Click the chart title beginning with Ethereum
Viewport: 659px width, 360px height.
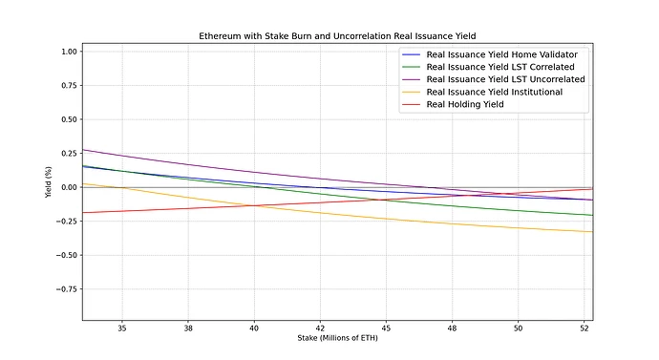338,35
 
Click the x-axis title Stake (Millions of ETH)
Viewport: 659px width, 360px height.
338,339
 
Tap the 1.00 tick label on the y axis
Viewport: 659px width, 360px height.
69,52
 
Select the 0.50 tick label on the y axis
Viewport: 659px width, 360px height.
69,119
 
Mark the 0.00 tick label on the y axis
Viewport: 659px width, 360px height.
69,187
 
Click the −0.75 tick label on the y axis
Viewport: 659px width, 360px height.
66,288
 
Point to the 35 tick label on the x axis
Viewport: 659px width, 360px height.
122,327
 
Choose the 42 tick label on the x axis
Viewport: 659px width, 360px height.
320,327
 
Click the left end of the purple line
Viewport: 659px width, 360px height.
83,150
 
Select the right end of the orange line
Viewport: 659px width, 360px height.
592,232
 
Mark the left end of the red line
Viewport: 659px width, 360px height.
83,213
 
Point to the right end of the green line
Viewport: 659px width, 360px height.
592,215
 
